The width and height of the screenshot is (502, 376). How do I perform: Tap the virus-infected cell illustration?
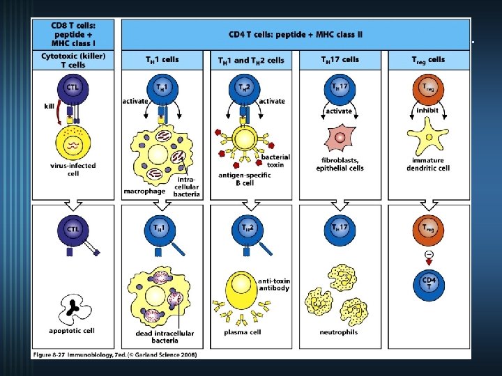point(73,139)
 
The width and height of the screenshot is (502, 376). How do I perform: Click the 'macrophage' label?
point(143,190)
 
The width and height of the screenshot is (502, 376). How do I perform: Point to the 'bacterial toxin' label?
point(275,161)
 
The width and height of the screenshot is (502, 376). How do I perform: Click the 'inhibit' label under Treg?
point(426,109)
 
